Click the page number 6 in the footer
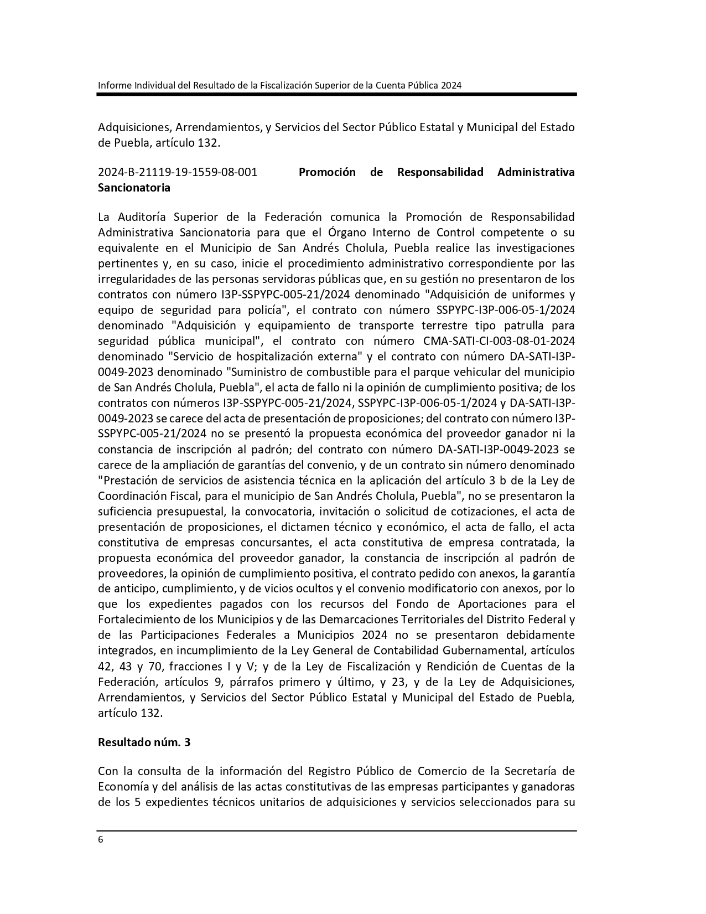click(x=100, y=839)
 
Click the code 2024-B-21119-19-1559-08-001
click(x=178, y=172)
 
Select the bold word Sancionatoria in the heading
click(x=134, y=188)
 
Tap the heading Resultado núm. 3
click(x=144, y=742)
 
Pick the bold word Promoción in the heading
click(x=327, y=172)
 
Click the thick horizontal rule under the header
click(x=336, y=95)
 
